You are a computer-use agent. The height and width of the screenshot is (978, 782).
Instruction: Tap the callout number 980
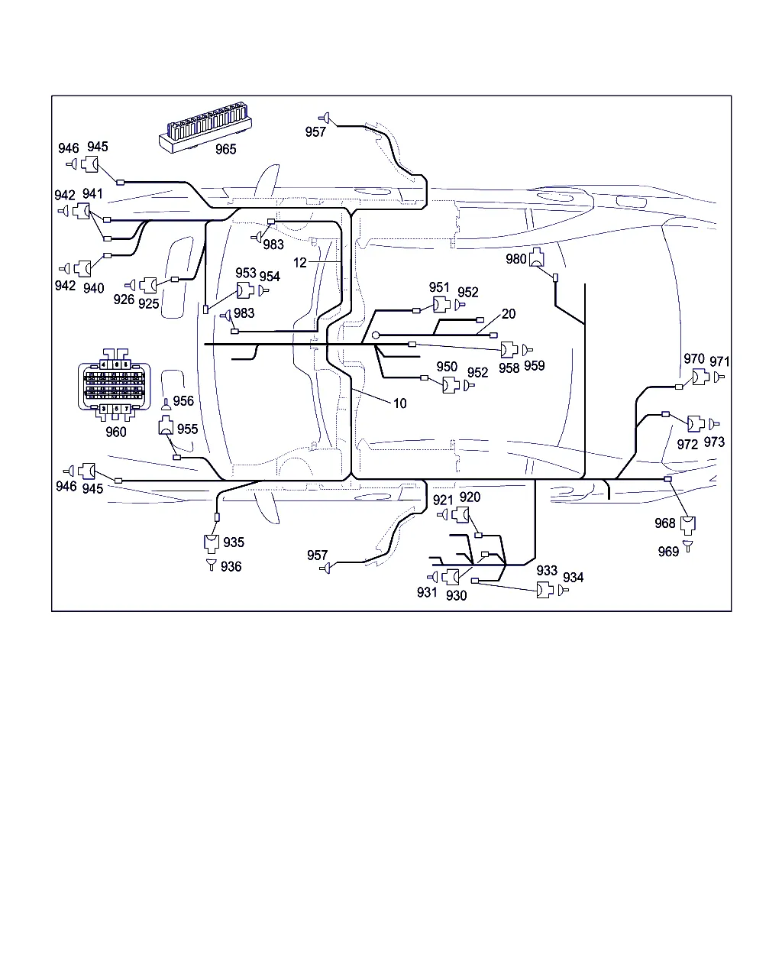tap(516, 259)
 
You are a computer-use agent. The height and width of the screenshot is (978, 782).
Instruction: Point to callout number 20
tap(509, 314)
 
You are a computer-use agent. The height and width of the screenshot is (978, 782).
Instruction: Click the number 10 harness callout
tap(400, 403)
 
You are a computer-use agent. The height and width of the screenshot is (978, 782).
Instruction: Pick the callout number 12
tap(300, 262)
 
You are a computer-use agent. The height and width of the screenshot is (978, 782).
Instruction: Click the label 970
tap(693, 359)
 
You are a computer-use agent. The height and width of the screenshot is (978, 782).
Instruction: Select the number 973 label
tap(714, 442)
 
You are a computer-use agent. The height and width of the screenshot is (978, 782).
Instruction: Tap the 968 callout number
tap(665, 523)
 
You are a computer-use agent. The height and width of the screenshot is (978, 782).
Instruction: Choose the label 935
tap(234, 542)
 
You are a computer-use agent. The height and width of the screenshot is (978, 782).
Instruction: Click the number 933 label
tap(547, 571)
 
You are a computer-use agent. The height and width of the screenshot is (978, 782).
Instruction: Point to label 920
tap(470, 497)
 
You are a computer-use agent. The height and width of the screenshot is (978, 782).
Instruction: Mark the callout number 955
tap(187, 429)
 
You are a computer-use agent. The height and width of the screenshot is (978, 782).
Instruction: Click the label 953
tap(246, 274)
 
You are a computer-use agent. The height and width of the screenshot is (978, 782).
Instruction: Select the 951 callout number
tap(439, 287)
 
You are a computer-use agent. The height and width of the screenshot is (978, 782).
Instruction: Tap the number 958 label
tap(509, 368)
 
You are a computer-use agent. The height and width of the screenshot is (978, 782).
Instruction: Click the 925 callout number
tap(149, 303)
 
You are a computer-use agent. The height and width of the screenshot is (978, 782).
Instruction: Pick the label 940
tap(93, 288)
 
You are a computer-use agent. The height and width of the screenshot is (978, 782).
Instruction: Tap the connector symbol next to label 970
tap(700, 377)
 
